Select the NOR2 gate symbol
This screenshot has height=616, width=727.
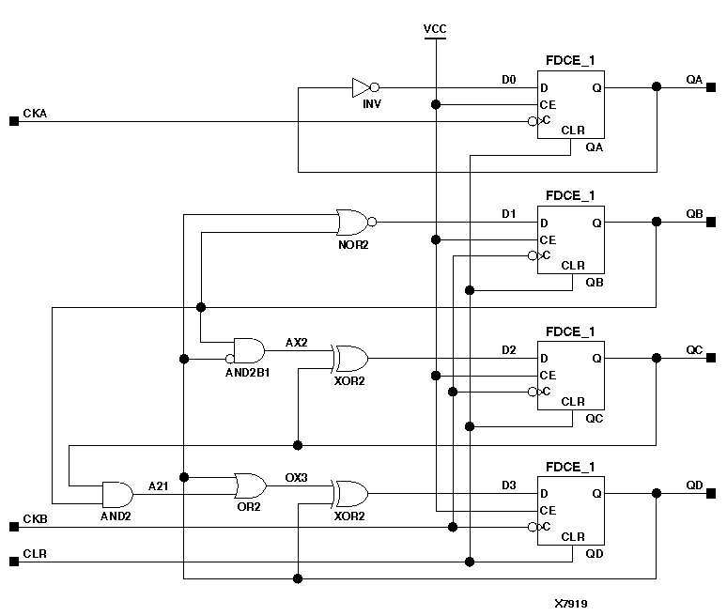pos(352,223)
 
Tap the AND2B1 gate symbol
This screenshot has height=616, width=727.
pos(249,351)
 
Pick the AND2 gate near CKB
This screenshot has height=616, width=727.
pos(117,494)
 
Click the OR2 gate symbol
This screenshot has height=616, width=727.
pos(250,485)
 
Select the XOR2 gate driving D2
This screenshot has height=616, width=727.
pos(349,358)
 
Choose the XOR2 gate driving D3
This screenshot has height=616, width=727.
pos(349,493)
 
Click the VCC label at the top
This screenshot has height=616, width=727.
pos(435,29)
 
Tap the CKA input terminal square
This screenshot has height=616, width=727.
pos(13,121)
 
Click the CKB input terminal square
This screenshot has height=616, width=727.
pos(13,527)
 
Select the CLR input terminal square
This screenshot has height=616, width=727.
pos(13,562)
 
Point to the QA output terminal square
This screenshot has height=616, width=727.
pos(711,87)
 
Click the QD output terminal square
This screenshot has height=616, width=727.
pos(711,493)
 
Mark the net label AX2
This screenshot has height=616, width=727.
pos(296,342)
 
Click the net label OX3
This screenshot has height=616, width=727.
pos(296,477)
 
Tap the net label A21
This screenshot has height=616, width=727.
pos(159,485)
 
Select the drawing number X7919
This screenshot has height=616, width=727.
pos(572,604)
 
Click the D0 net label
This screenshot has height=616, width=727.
pos(508,79)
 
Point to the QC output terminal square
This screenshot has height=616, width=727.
pos(711,358)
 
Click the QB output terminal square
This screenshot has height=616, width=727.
pos(711,223)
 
